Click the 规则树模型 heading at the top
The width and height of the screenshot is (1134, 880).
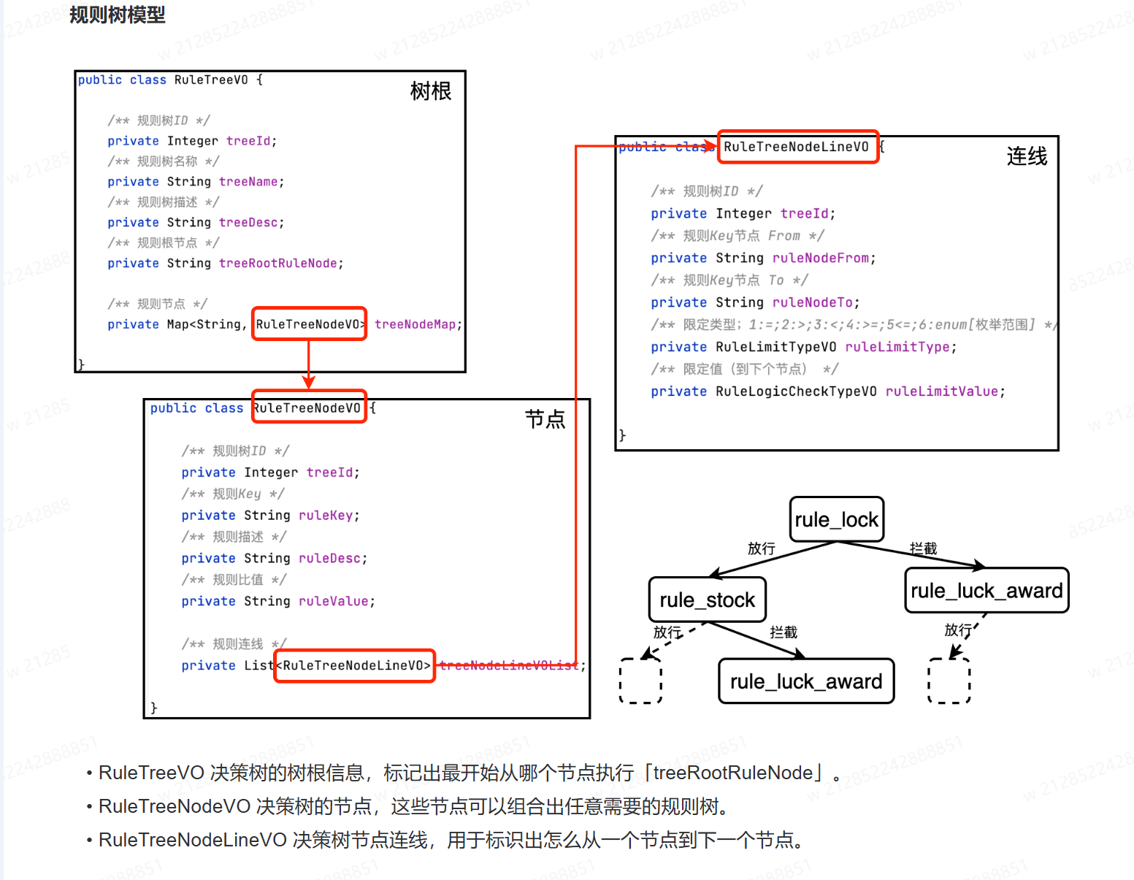click(117, 15)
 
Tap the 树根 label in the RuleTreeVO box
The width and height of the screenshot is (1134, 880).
click(430, 91)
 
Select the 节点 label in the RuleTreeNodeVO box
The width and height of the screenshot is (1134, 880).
click(545, 418)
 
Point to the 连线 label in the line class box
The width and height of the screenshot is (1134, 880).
click(1026, 156)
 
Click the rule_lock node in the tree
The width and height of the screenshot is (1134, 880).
click(837, 519)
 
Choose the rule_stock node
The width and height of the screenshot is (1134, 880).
click(707, 600)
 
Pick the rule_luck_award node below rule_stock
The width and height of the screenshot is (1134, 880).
click(806, 681)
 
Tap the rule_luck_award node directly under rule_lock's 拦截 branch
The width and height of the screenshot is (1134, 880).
click(986, 590)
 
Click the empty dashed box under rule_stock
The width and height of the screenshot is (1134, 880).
click(640, 681)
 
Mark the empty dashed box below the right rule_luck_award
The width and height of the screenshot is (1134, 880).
click(949, 681)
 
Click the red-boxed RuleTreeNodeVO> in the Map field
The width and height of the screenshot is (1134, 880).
click(309, 324)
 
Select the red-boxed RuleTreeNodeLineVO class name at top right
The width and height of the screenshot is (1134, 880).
click(797, 147)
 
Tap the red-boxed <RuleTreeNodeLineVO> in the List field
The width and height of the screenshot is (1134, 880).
click(355, 665)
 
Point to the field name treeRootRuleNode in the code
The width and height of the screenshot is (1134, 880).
click(278, 263)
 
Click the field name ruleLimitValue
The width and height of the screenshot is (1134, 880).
click(941, 391)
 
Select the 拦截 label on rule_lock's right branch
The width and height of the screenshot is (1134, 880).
click(923, 548)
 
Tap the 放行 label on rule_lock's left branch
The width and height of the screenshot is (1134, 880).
click(761, 548)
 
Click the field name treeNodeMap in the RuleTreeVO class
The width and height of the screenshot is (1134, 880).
click(415, 324)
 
